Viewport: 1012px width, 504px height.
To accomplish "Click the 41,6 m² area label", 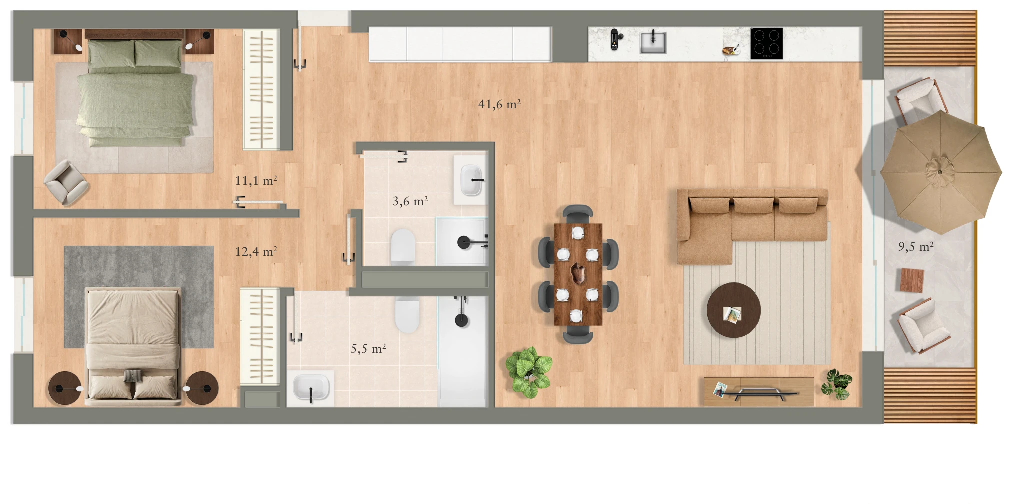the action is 499,104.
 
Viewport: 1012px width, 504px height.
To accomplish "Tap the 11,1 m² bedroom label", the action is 256,180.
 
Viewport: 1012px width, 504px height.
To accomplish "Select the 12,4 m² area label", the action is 256,251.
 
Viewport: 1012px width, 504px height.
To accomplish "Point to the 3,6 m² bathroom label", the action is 410,201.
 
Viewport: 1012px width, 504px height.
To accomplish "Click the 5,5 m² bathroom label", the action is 368,349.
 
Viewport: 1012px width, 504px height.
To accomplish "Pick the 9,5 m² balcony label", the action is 916,246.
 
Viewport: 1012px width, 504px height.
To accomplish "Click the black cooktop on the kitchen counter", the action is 766,43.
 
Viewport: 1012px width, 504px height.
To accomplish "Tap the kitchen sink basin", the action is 653,42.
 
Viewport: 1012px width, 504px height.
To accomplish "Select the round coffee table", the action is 733,310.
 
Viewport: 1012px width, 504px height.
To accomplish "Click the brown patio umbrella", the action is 940,172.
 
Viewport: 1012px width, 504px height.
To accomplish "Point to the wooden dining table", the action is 578,274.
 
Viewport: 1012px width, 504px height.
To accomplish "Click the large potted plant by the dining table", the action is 528,372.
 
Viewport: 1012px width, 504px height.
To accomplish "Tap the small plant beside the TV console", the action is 836,384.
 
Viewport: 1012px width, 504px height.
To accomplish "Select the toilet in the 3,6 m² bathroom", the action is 403,246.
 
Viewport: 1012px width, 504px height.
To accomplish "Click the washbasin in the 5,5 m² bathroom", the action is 311,387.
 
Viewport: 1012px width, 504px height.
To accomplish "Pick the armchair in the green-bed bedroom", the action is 66,182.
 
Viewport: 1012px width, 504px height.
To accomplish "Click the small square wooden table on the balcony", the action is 912,280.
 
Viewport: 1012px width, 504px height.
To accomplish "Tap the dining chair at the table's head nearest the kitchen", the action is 578,214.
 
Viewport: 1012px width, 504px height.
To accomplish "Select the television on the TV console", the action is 759,393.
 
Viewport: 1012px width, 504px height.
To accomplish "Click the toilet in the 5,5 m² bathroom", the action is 407,314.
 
